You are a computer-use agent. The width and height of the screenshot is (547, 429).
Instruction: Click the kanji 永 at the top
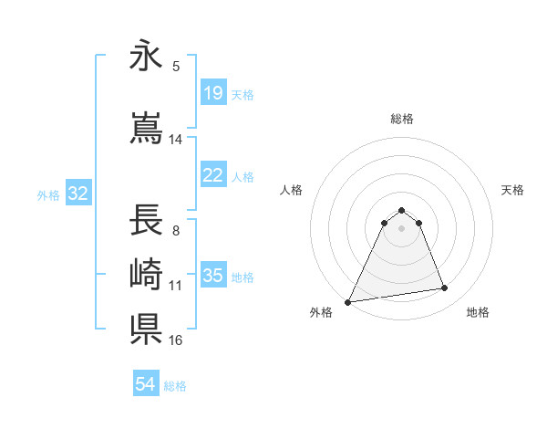pos(145,57)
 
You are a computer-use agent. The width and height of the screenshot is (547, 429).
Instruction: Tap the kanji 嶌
pos(145,128)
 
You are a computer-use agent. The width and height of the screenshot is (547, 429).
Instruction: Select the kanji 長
pos(145,221)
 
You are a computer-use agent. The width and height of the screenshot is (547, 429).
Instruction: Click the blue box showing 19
pos(213,93)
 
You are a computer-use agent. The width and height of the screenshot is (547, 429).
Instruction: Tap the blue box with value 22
pos(213,175)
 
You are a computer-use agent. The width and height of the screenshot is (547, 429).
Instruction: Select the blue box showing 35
pos(213,276)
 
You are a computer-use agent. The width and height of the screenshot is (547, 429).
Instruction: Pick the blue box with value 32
pos(77,194)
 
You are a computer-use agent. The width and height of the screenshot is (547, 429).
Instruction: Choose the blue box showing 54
pos(146,384)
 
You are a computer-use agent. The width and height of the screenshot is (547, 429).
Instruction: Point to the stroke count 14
pos(176,140)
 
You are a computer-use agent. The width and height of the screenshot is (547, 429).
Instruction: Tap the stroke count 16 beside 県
pos(176,340)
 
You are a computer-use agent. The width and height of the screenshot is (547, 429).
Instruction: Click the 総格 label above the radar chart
pos(401,119)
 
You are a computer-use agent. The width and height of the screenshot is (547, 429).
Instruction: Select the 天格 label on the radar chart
pos(513,190)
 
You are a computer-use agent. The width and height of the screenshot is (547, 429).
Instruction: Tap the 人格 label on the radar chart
pos(291,190)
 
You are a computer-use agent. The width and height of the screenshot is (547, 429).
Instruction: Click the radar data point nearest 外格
pos(348,301)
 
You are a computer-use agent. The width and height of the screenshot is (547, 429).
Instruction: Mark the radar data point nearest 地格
pos(445,288)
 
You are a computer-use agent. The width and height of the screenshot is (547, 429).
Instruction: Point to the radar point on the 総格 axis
pos(401,210)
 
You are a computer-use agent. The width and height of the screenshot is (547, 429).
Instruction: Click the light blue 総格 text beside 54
pos(175,386)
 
